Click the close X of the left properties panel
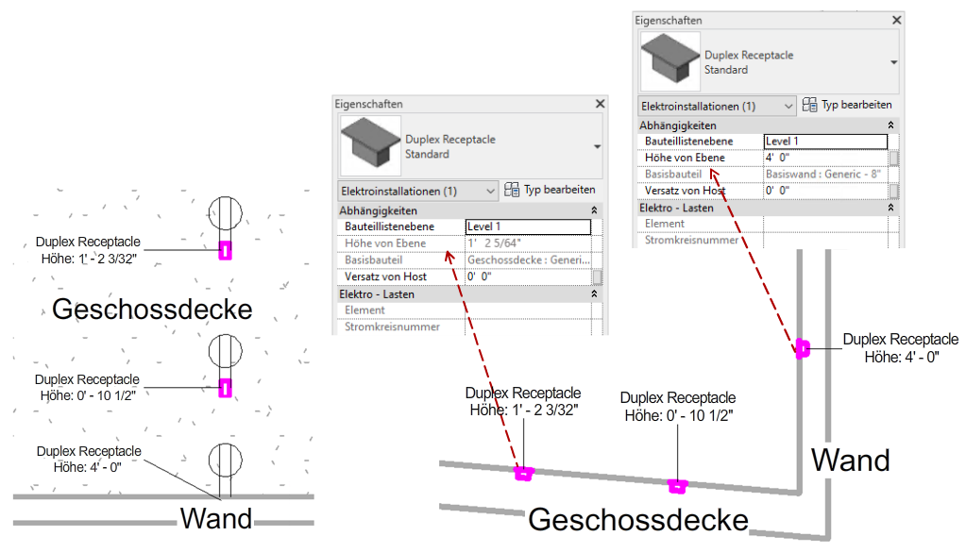pos(600,104)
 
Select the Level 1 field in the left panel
pos(527,226)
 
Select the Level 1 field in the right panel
pos(824,142)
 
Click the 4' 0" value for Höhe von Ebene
pos(824,158)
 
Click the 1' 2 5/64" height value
pos(527,243)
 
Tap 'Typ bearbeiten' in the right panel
pos(847,105)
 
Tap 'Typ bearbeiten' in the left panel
pos(551,190)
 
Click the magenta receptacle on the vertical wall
pos(802,349)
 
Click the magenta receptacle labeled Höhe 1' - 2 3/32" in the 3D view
pos(522,473)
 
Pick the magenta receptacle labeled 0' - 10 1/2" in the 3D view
pos(676,486)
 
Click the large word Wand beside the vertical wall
pos(851,461)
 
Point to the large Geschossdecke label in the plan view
pos(151,309)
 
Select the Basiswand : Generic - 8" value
pos(824,175)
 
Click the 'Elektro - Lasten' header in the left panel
pos(378,294)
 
